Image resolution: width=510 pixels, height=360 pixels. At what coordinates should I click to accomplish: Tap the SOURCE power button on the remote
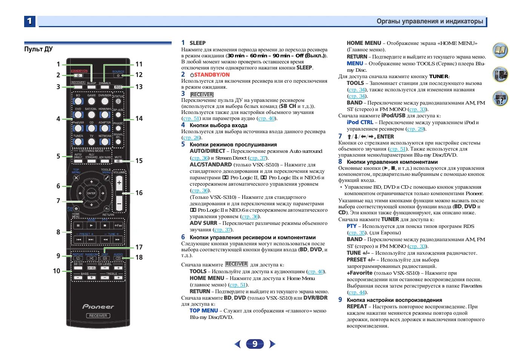tap(118, 75)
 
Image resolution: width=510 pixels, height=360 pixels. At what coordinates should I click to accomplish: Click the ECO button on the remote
tap(118, 87)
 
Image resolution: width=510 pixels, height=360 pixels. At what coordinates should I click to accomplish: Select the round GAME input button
tap(91, 101)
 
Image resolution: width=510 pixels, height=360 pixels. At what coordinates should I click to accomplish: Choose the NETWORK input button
tap(105, 142)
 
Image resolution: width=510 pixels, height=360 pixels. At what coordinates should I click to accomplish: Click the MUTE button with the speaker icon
tap(118, 161)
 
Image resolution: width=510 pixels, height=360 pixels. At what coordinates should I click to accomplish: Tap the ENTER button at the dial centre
tap(91, 193)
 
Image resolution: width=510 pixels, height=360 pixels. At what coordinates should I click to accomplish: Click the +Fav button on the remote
tap(118, 225)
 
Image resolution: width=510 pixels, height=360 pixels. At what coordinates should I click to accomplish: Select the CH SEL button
tap(91, 268)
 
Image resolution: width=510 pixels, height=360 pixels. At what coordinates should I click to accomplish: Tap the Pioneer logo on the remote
tap(98, 306)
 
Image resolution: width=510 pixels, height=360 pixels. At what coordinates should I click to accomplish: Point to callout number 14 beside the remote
tap(139, 118)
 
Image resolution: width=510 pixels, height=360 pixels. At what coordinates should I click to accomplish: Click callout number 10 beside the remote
tap(57, 271)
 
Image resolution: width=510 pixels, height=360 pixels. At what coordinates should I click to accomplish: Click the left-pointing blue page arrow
tap(237, 344)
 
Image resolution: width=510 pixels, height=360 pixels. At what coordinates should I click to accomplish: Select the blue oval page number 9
tap(255, 344)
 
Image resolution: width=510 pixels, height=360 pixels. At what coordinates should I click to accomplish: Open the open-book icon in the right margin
tap(500, 50)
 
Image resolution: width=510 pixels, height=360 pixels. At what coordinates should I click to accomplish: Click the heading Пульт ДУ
tap(38, 49)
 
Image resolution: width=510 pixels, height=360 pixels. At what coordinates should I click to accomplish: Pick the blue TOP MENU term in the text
tap(204, 311)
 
